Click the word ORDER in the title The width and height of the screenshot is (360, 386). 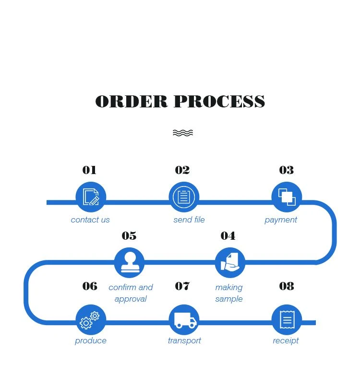click(132, 102)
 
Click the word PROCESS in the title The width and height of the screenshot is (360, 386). click(219, 102)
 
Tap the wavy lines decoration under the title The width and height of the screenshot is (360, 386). click(182, 133)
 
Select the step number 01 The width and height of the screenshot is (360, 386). click(89, 170)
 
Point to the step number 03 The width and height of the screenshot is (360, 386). click(287, 170)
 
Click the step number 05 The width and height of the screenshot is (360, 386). click(129, 236)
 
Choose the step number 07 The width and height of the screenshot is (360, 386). click(182, 286)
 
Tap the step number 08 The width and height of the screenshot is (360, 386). click(287, 286)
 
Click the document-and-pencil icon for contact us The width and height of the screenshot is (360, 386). click(91, 197)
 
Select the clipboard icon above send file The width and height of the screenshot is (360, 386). click(184, 197)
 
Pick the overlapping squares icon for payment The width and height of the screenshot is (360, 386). click(287, 197)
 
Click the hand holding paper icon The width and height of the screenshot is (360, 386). click(230, 262)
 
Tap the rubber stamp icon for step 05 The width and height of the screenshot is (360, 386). click(130, 262)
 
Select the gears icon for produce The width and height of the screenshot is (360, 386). click(89, 320)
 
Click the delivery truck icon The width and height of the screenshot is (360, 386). click(185, 320)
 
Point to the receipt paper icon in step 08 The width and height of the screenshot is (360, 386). click(288, 319)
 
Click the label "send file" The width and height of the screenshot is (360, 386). click(189, 220)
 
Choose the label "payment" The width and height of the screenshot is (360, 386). click(281, 220)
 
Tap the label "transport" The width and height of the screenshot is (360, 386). click(184, 341)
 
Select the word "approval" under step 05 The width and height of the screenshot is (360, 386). click(131, 299)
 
